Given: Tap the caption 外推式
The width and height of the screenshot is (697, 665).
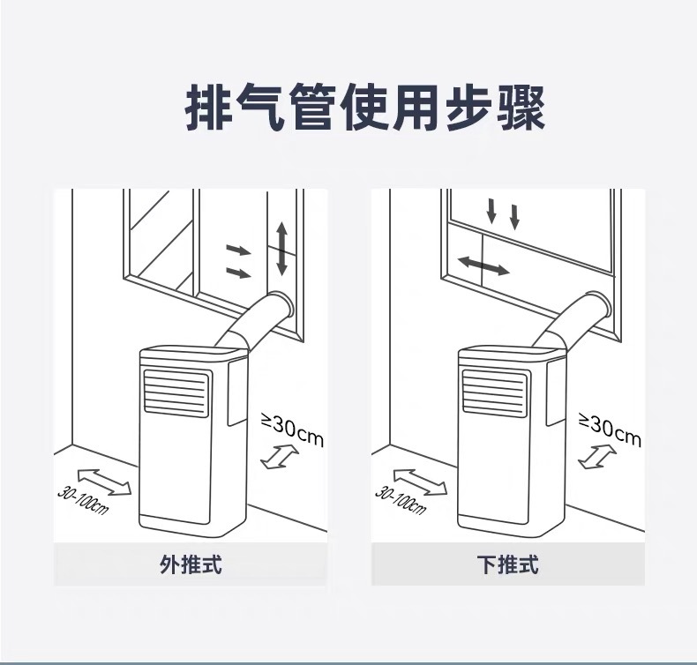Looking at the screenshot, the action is [x=190, y=564].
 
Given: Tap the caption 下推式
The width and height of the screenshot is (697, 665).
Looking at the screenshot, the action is [x=506, y=564].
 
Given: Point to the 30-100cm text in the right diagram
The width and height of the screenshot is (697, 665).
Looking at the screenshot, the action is [x=400, y=500].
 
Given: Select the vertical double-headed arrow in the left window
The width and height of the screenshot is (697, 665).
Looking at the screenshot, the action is [x=281, y=248].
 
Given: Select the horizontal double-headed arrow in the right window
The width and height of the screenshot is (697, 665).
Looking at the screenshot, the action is [x=483, y=264].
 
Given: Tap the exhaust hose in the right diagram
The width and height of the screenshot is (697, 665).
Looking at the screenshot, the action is [x=575, y=319].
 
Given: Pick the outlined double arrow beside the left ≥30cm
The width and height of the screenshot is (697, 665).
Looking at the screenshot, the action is [x=280, y=457].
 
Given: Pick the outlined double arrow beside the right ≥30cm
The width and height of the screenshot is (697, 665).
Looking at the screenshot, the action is [x=597, y=457].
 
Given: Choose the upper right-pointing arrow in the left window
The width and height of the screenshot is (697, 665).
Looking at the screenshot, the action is [x=238, y=250].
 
